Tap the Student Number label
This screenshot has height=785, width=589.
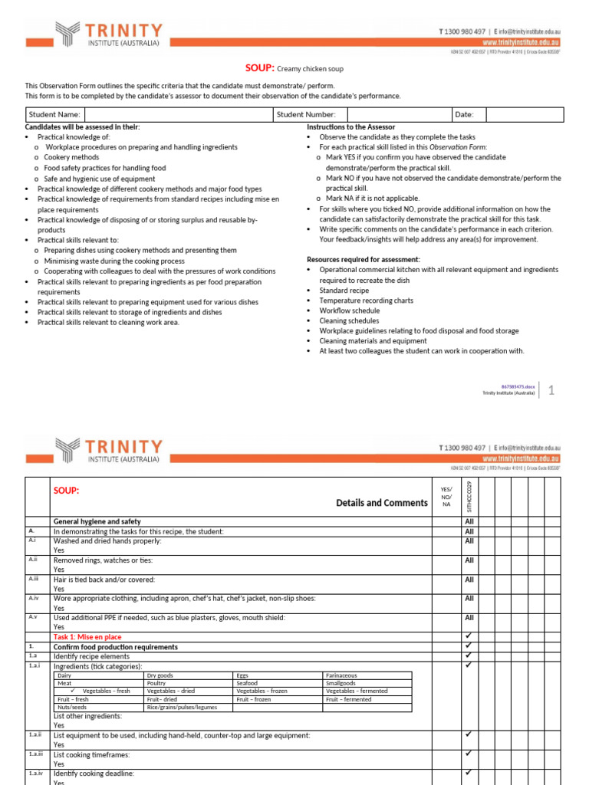pyautogui.click(x=304, y=114)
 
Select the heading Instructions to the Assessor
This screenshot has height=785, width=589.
pyautogui.click(x=350, y=126)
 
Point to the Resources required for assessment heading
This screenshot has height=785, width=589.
pyautogui.click(x=363, y=259)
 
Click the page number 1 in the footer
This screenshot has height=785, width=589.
pyautogui.click(x=551, y=390)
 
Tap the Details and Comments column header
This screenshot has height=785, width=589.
pyautogui.click(x=381, y=503)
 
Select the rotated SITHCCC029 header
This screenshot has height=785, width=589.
pyautogui.click(x=469, y=496)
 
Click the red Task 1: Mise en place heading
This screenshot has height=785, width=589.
pyautogui.click(x=87, y=637)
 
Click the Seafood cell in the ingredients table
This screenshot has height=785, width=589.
pyautogui.click(x=248, y=682)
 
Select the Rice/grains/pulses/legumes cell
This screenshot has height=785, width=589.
pyautogui.click(x=180, y=707)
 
